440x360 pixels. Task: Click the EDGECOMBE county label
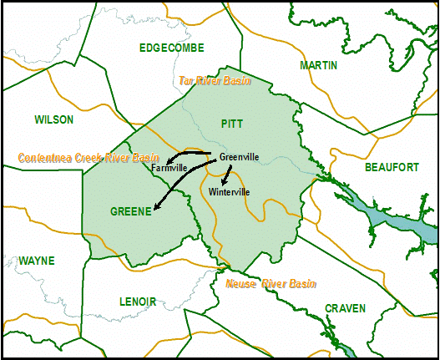tap(172, 48)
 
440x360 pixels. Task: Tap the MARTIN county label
tap(318, 65)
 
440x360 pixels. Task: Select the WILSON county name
tap(54, 119)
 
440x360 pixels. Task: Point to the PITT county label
tap(232, 124)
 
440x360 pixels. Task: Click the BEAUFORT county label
tap(392, 167)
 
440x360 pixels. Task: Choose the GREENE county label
tap(130, 211)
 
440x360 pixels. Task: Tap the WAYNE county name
tap(36, 261)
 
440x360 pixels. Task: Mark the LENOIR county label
tap(138, 301)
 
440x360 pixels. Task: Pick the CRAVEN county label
tap(345, 308)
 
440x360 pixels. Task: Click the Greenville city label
tap(239, 157)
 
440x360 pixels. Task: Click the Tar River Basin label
tap(215, 81)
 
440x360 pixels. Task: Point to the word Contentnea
tap(47, 157)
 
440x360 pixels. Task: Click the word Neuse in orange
tap(243, 284)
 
